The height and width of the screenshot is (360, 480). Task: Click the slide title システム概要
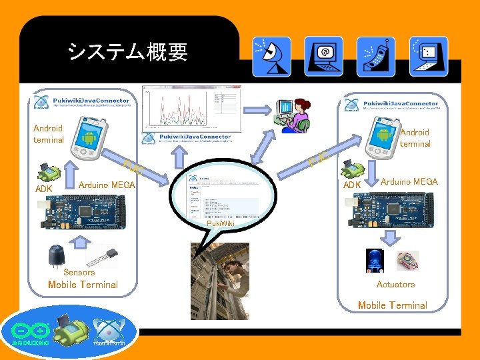[x=127, y=51]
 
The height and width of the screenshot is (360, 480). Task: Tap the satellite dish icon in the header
[x=271, y=56]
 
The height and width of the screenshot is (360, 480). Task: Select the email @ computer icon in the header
[x=323, y=56]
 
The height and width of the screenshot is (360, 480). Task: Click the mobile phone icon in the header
[x=375, y=56]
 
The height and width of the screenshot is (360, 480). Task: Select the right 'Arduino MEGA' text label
[x=409, y=181]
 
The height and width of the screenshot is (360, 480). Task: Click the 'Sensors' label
[x=79, y=272]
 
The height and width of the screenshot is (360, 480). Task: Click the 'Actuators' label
[x=395, y=284]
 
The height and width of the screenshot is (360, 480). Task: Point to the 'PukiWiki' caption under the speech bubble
[x=221, y=223]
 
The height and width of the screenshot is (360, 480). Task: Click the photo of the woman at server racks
[x=220, y=280]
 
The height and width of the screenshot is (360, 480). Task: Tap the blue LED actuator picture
[x=374, y=260]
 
